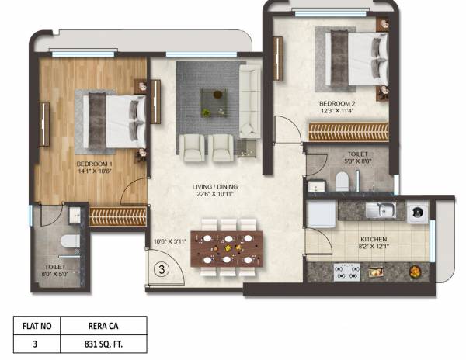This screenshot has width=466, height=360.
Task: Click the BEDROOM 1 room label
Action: coord(94,164)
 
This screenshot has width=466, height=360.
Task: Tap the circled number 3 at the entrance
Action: coord(161,270)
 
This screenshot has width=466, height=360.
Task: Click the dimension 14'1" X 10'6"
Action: coord(94,172)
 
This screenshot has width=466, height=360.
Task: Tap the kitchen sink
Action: coord(381,209)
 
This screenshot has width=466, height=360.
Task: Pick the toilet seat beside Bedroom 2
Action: coord(343,182)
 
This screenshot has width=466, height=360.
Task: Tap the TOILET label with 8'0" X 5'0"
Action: coord(57,269)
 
